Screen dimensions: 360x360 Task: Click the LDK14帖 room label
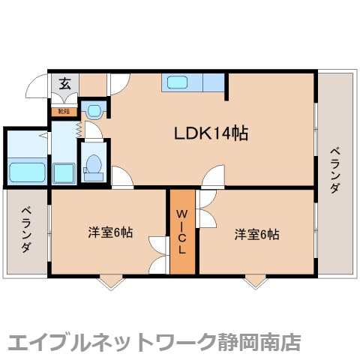click(211, 134)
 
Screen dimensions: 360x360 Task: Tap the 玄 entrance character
click(64, 83)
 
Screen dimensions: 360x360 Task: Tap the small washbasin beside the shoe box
click(94, 111)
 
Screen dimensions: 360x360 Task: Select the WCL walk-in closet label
click(182, 231)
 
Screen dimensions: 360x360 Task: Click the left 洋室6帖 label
click(110, 233)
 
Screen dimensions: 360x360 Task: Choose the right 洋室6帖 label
click(256, 234)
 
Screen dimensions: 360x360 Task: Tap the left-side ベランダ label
click(25, 229)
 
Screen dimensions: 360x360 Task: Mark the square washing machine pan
click(63, 172)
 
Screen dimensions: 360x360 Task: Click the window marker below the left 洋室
click(111, 281)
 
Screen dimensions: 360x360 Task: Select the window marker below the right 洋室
click(256, 281)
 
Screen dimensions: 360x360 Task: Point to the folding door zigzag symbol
click(78, 129)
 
